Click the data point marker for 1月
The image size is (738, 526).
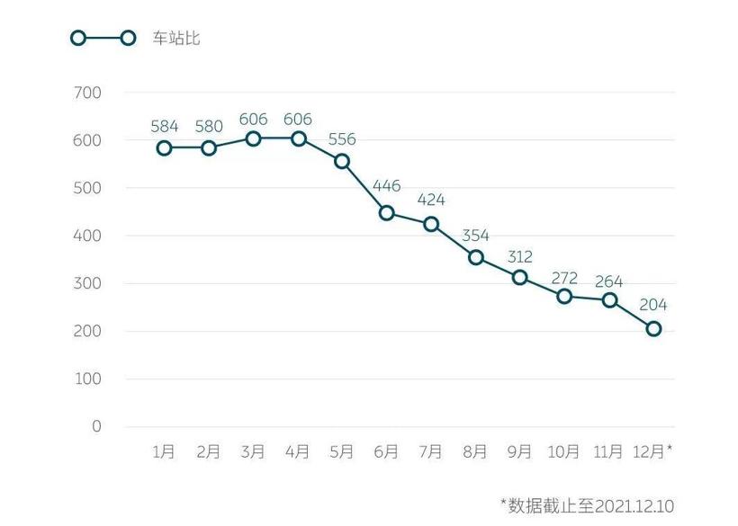[x=164, y=147]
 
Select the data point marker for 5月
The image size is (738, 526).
[x=342, y=161]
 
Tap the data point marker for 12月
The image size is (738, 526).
[x=653, y=329]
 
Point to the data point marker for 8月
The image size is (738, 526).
[x=476, y=257]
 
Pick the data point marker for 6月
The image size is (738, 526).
[x=387, y=213]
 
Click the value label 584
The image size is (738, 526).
[x=164, y=125]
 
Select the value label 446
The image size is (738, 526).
[x=387, y=186]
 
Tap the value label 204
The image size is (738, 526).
[x=653, y=305]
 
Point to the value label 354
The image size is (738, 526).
[x=476, y=235]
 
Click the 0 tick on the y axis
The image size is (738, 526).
[x=96, y=426]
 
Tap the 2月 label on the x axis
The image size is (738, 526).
[x=209, y=451]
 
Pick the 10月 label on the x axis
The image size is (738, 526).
[x=564, y=451]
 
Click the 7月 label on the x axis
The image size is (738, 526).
[x=431, y=451]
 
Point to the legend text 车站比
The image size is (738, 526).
[x=175, y=39]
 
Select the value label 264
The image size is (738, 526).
[x=609, y=281]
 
